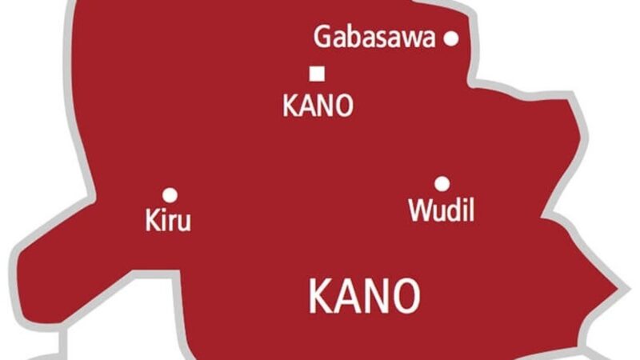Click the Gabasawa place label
(374, 37)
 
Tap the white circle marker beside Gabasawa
(451, 37)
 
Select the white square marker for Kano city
(317, 74)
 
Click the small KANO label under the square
(318, 106)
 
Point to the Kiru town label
(168, 220)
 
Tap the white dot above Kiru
(170, 194)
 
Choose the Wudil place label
(441, 210)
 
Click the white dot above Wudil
(442, 183)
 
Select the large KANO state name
(364, 296)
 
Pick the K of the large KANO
(320, 296)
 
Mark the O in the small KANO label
(342, 106)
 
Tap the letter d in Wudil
(455, 210)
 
